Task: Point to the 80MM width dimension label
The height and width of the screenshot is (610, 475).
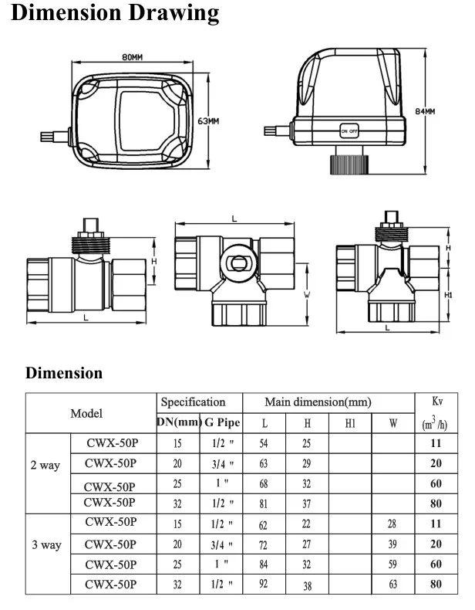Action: [133, 58]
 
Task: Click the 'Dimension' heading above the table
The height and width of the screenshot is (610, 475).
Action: [64, 373]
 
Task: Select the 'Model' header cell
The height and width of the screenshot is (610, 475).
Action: [86, 413]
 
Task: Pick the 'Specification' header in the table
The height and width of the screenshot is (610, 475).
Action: [193, 402]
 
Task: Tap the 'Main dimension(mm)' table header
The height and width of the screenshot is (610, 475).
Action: [318, 402]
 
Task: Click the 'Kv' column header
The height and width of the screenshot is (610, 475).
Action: [436, 402]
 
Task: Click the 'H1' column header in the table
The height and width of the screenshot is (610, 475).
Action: [349, 423]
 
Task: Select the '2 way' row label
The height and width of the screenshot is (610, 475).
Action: [46, 465]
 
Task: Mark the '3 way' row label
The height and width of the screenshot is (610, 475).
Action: [46, 545]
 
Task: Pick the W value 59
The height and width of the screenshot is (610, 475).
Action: [392, 564]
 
